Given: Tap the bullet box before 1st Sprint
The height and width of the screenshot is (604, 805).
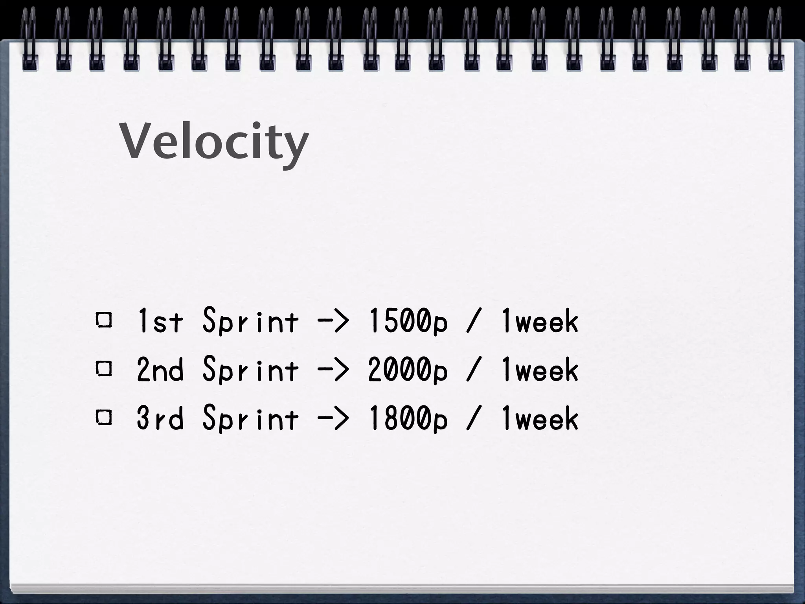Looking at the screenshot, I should pos(104,321).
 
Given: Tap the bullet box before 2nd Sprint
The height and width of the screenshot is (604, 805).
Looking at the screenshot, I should pos(104,369).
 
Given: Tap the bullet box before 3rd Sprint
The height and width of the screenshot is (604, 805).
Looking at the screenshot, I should pos(104,418).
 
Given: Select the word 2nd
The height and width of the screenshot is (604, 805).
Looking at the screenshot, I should pos(160,370).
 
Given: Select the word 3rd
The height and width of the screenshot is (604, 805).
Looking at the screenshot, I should pos(160,418).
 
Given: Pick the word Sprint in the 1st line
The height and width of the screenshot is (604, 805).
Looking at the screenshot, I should pos(250,322).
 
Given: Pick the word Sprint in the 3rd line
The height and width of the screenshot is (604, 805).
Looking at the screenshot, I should pos(250,418).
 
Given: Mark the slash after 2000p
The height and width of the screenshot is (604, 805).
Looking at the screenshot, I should pos(473,370).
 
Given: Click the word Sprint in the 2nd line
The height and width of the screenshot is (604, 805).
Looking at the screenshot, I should pos(250,370).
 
